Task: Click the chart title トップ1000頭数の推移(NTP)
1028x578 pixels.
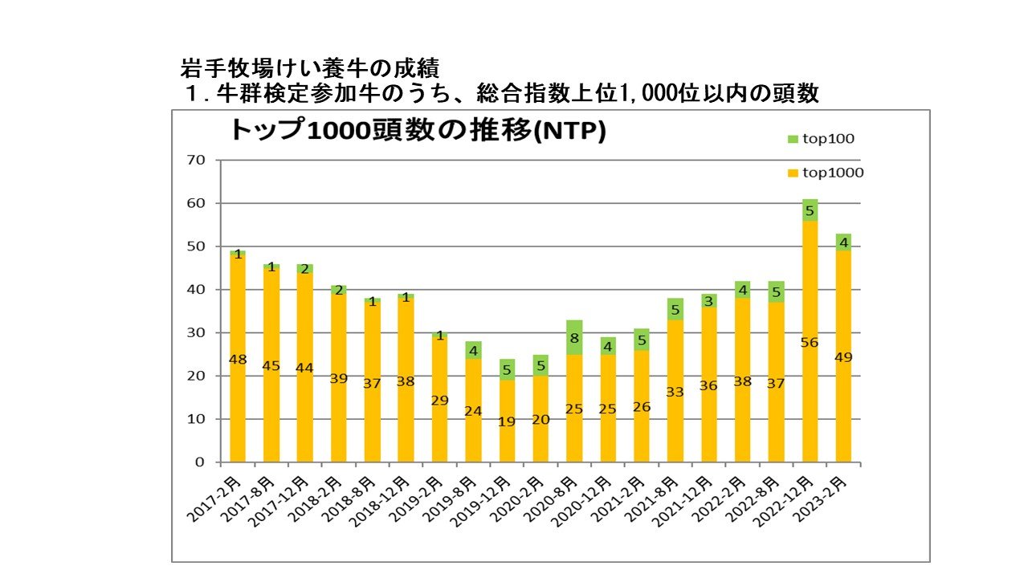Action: pos(417,131)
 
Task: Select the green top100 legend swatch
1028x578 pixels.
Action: pos(791,139)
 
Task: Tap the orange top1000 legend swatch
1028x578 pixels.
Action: pos(791,173)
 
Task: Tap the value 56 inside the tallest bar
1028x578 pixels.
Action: pos(810,343)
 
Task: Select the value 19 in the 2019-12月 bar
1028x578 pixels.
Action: pos(507,421)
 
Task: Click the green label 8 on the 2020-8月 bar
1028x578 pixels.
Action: pos(574,339)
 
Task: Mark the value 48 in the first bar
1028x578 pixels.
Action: pos(238,360)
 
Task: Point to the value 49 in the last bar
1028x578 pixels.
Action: pos(843,358)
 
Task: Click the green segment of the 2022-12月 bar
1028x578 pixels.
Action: pos(810,210)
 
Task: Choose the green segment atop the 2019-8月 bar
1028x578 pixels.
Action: pos(473,350)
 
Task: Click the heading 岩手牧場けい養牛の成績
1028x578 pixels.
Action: pos(310,67)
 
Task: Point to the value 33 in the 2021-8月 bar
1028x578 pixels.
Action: pos(675,392)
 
